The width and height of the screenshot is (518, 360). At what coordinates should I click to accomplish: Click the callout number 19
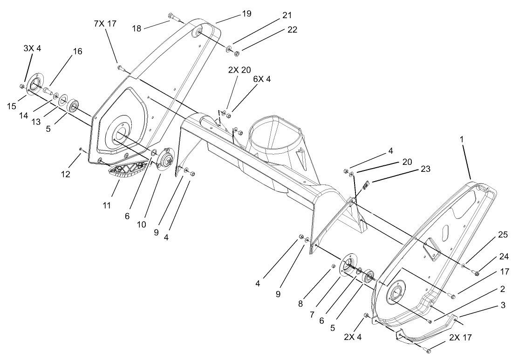(x=246, y=14)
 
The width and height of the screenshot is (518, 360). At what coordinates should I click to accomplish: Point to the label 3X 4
(x=32, y=48)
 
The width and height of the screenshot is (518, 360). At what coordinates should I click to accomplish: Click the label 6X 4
(x=262, y=79)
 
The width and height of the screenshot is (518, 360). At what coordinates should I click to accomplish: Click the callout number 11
(x=107, y=205)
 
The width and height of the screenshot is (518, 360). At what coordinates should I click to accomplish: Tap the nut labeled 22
(x=237, y=53)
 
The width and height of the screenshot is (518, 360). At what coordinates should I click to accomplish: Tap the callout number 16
(x=77, y=51)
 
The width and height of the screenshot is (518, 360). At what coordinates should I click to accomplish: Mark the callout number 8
(x=300, y=304)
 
